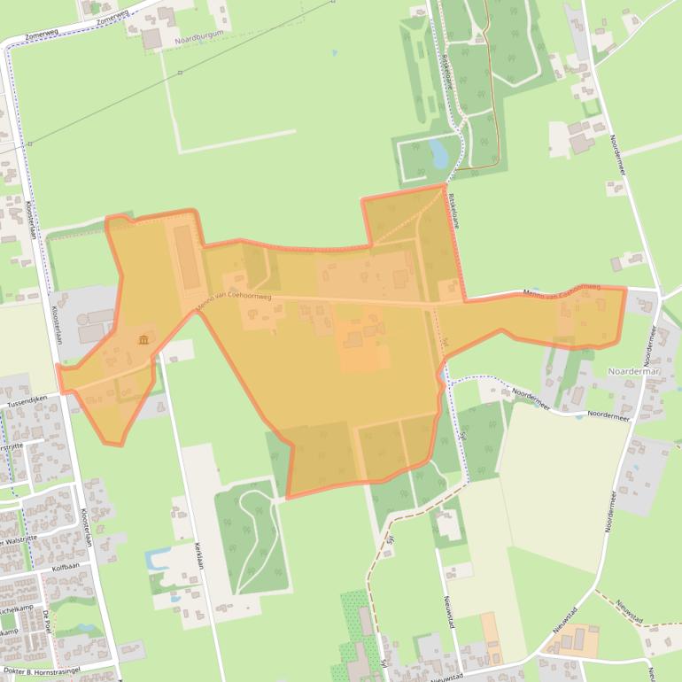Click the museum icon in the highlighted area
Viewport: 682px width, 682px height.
[x=143, y=339]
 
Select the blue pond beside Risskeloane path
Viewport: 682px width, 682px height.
[x=438, y=152]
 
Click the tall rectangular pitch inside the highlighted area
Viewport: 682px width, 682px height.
[x=185, y=256]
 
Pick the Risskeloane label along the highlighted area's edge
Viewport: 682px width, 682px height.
[x=454, y=213]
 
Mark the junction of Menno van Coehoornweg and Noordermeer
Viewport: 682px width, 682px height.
[x=656, y=291]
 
